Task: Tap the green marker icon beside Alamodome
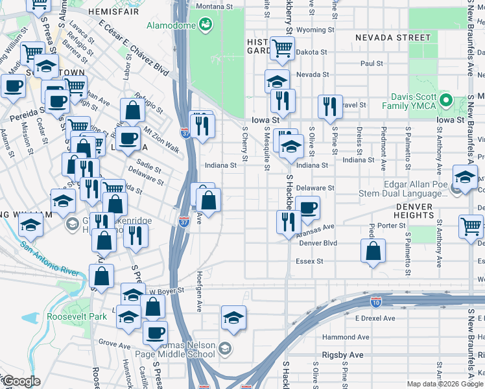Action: coord(206,25)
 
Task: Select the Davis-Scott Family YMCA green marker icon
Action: coord(445,100)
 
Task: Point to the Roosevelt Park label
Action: coord(76,317)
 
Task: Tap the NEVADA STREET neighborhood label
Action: coord(392,38)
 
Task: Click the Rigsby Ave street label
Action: coord(343,355)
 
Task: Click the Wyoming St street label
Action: coord(314,30)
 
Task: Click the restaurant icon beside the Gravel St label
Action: coord(330,107)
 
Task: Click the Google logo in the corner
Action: coord(21,381)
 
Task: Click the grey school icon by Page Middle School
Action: coord(224,349)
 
